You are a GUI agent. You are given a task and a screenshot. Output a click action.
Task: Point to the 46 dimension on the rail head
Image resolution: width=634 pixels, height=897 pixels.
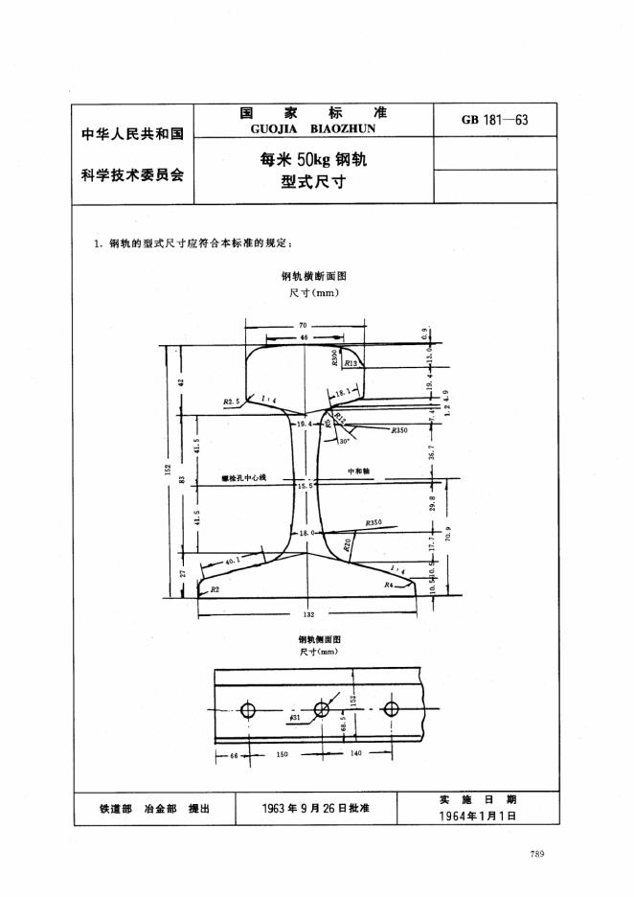click(x=304, y=338)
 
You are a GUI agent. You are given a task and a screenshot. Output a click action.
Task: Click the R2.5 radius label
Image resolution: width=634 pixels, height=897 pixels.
click(x=230, y=402)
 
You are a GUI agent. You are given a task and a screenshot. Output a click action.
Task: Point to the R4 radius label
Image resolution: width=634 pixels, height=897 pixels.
click(x=389, y=584)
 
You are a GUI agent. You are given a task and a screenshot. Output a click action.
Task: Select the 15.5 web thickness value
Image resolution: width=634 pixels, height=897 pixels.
click(x=305, y=488)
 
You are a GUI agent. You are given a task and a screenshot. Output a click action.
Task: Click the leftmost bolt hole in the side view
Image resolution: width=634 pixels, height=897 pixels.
click(x=248, y=710)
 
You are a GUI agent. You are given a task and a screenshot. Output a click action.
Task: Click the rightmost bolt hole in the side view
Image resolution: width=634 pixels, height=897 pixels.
click(x=391, y=710)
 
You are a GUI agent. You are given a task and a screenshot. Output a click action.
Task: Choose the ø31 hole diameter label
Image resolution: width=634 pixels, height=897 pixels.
click(x=295, y=717)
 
